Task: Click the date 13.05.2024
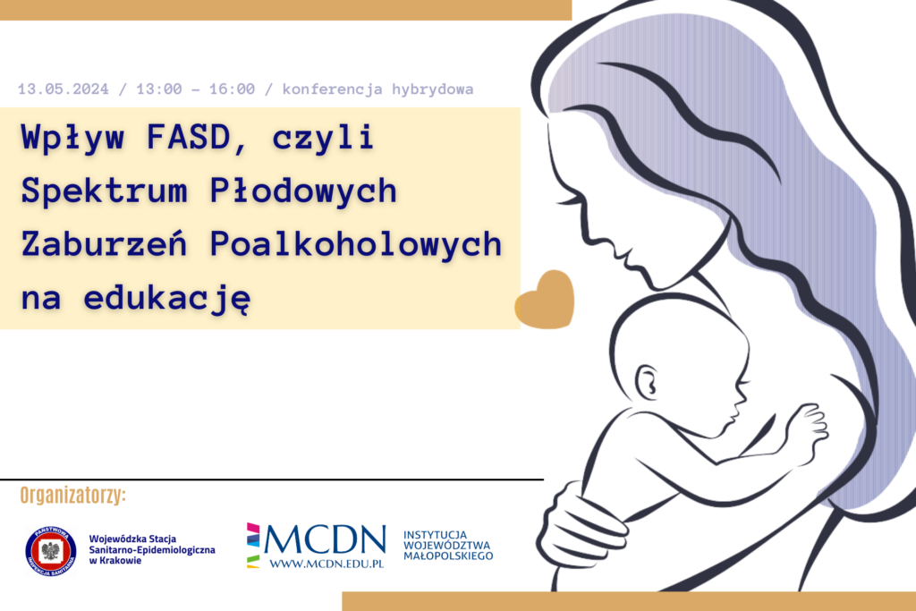point(63,89)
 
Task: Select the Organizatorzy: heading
point(73,496)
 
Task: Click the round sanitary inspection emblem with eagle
point(51,549)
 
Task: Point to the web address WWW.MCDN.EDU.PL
point(327,564)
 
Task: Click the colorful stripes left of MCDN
point(253,545)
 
